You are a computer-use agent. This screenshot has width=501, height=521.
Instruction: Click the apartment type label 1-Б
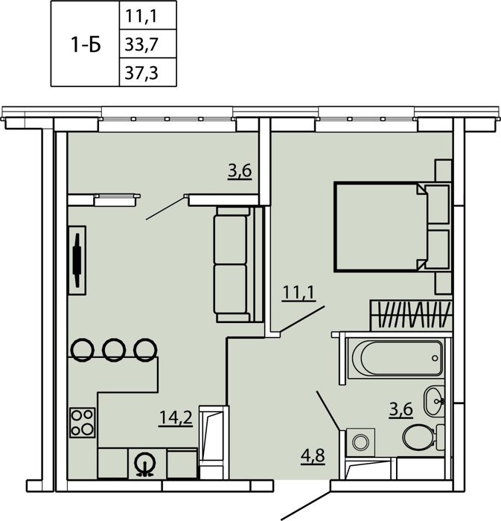(86, 45)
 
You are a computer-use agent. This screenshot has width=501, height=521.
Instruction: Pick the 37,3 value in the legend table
(141, 73)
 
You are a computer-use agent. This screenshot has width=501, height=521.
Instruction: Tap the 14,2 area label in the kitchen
(176, 418)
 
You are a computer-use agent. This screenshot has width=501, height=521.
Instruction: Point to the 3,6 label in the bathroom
(401, 409)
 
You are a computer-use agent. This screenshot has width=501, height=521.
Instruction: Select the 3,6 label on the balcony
(240, 171)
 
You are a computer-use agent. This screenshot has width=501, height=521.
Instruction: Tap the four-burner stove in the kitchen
(83, 423)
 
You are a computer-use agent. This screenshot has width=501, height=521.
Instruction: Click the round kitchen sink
(144, 463)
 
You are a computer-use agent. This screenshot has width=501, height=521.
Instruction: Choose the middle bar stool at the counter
(114, 350)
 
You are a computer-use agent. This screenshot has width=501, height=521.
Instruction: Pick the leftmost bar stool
(83, 350)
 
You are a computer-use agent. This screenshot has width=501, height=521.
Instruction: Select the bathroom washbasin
(434, 401)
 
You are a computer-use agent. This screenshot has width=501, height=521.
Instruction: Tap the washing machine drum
(360, 442)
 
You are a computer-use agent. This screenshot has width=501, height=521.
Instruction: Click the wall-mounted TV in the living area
(77, 260)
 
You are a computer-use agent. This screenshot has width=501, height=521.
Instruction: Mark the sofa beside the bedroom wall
(238, 264)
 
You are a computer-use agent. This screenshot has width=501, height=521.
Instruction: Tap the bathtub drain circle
(435, 358)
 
